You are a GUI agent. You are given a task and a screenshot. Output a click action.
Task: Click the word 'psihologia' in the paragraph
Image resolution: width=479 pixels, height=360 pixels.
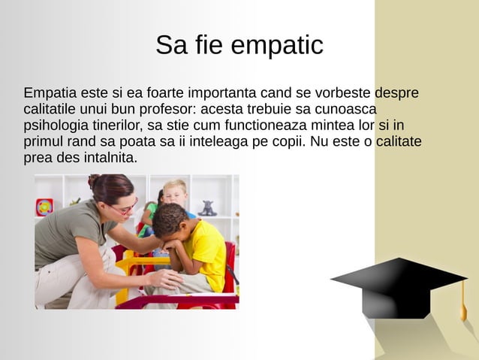click(54, 126)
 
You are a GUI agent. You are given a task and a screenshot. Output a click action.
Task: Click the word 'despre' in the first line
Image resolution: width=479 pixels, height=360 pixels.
click(396, 94)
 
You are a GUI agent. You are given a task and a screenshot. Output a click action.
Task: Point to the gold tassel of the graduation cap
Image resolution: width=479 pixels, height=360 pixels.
click(463, 308)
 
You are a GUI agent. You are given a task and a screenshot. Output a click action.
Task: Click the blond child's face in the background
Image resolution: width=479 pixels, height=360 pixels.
click(176, 195)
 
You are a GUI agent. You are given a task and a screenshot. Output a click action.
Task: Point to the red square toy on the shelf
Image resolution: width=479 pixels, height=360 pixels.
click(45, 207)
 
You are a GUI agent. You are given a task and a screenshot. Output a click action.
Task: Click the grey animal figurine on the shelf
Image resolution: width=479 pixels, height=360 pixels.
click(206, 208)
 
